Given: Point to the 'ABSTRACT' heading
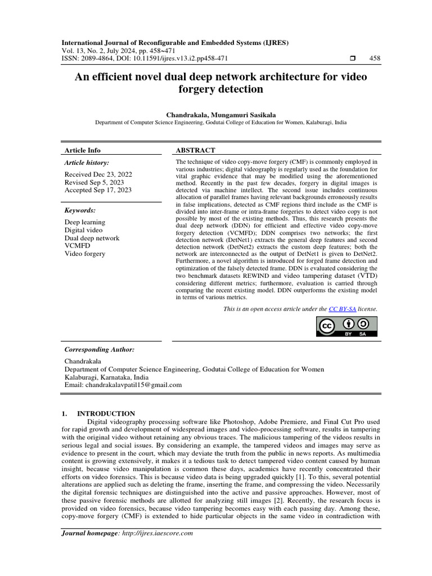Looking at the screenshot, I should click(196, 150).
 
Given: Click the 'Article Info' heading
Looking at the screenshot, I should click(83, 150).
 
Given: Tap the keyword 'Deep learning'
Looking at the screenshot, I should click(85, 222).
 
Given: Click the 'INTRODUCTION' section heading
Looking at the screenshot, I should click(106, 413).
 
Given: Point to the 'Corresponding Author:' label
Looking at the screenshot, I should click(100, 349).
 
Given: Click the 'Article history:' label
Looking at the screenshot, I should click(88, 163).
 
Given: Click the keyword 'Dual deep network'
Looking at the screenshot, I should click(92, 238).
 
